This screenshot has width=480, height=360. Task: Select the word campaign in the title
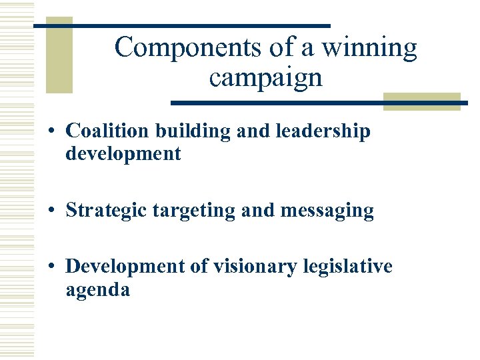(x=265, y=78)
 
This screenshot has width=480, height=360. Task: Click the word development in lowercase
(x=123, y=154)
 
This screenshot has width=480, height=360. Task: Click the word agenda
(x=98, y=291)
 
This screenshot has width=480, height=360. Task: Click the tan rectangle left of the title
(x=59, y=56)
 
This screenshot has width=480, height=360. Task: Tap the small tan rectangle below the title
(x=421, y=101)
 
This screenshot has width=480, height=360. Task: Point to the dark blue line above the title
(x=181, y=26)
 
